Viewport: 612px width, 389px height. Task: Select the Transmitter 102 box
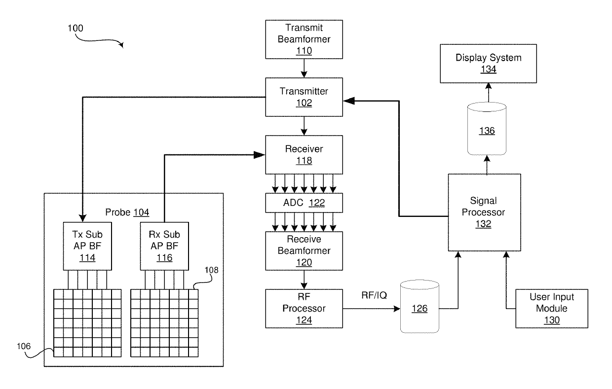click(x=304, y=97)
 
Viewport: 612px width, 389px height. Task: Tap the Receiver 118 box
click(x=304, y=154)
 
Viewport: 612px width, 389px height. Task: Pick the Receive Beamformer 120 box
click(x=304, y=250)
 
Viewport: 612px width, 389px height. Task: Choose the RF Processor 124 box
click(x=304, y=309)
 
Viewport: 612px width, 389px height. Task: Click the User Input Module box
click(x=552, y=309)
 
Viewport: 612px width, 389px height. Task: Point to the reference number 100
click(x=75, y=28)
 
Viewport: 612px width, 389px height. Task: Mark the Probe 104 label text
click(x=127, y=212)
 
